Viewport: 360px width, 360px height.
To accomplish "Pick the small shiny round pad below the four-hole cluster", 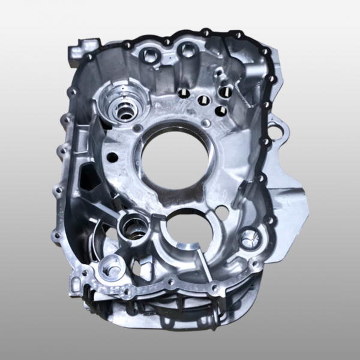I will coord(206,123).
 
